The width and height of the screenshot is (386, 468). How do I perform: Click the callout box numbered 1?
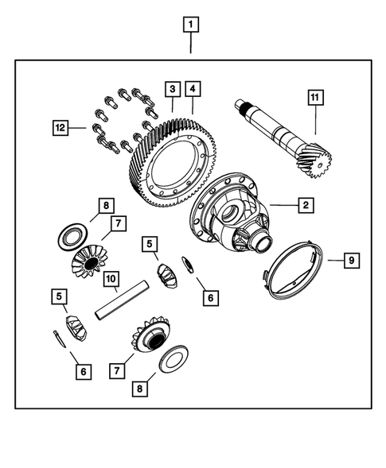coord(190,24)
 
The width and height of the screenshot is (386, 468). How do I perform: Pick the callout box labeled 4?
coord(193,87)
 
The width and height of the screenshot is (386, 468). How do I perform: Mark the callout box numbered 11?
coord(316,98)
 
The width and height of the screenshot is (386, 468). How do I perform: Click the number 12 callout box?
coord(59,126)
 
